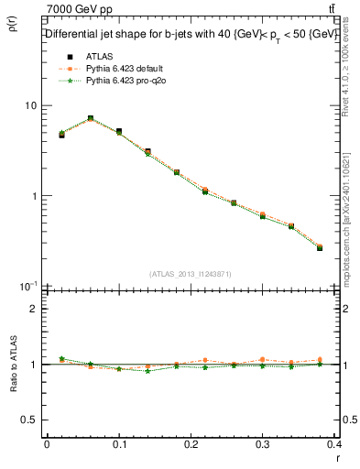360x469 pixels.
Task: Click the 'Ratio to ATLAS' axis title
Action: point(12,364)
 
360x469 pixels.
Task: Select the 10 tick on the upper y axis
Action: point(31,105)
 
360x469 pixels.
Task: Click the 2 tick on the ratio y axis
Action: point(35,309)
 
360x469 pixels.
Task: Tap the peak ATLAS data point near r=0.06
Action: point(91,118)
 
